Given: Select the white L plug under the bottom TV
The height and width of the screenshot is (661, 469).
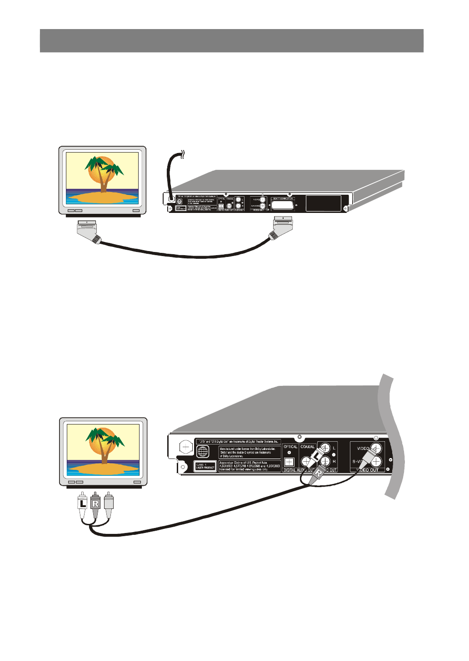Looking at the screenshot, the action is tap(82, 504).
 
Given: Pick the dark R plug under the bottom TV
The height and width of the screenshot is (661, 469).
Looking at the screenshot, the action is tap(95, 504).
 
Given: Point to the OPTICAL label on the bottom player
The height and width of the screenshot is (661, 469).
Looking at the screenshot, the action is tap(290, 447).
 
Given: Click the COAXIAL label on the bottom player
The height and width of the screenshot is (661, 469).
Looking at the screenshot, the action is tap(308, 447).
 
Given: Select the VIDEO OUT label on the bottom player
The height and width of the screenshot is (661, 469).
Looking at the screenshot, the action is tap(368, 470).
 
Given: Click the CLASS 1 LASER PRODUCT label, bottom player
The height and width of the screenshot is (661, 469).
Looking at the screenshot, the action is tap(205, 466).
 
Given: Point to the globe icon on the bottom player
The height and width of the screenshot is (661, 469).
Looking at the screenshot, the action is tap(203, 451).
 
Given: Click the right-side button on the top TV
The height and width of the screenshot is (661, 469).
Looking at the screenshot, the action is tap(136, 211).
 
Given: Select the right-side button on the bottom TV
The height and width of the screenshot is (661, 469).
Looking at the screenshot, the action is tap(137, 482).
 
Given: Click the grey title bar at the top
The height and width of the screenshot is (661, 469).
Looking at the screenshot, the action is tap(232, 41).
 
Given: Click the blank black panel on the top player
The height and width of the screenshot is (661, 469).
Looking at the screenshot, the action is tap(323, 203).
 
